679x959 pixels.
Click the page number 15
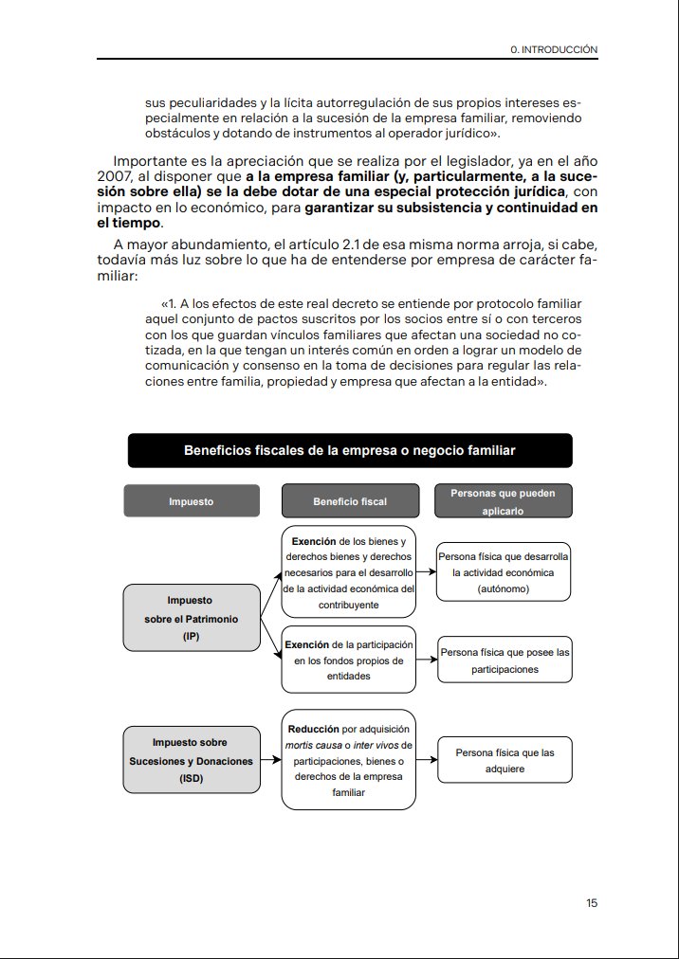click(592, 903)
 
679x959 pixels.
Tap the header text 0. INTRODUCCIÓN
click(554, 48)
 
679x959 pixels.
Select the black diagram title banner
click(350, 450)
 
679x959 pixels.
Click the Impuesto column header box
click(192, 501)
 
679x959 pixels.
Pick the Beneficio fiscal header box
click(349, 501)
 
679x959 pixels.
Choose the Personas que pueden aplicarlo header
click(503, 501)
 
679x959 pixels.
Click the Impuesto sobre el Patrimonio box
click(192, 618)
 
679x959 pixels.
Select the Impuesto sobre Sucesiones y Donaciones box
click(192, 761)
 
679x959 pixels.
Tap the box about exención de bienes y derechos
click(349, 572)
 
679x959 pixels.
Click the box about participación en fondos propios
click(349, 660)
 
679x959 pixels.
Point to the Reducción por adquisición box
click(349, 761)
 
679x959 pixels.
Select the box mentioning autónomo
click(503, 572)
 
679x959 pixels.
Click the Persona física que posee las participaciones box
click(503, 660)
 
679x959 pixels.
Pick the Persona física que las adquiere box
click(503, 761)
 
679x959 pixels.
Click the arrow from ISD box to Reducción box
click(271, 761)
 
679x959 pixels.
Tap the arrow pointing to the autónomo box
click(427, 572)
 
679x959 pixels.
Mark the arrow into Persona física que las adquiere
click(427, 761)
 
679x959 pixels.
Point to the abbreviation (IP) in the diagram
click(192, 637)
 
